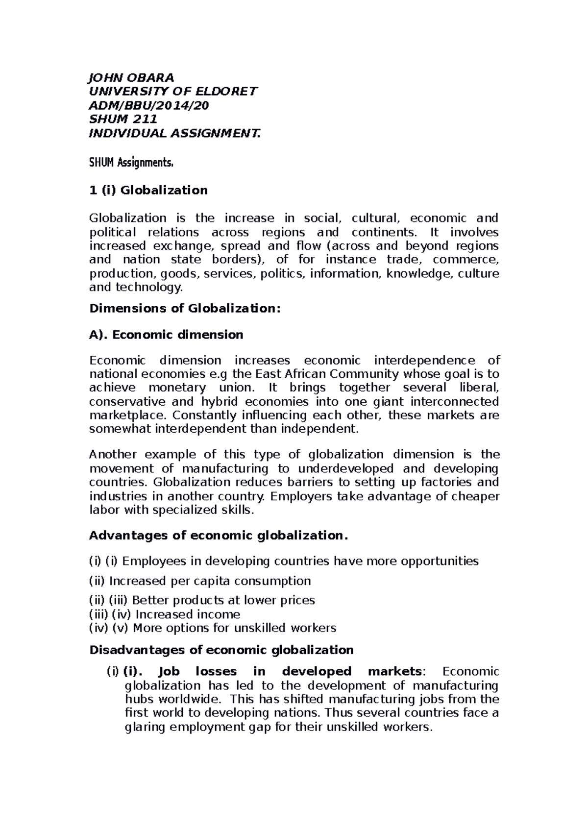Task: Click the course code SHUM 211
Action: [x=123, y=119]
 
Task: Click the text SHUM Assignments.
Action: [x=131, y=163]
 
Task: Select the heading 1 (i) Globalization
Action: [x=148, y=190]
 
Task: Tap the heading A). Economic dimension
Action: [x=166, y=335]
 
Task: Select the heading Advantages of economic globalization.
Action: [x=218, y=535]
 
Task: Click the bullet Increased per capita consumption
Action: [x=210, y=581]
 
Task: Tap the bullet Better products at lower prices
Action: [x=223, y=600]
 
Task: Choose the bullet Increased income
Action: [x=188, y=614]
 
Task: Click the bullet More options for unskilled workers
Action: [x=234, y=628]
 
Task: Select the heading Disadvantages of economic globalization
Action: [x=221, y=650]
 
